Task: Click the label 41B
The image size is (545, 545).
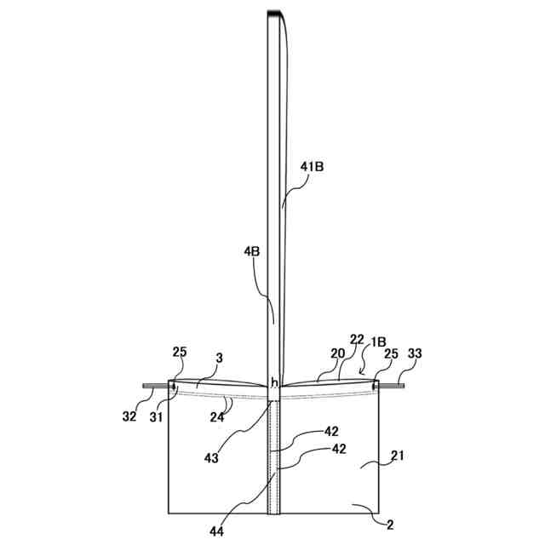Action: pos(312,168)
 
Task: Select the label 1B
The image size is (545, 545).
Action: pos(377,341)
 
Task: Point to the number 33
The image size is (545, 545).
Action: pos(415,353)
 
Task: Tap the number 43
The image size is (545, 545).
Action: pos(211,457)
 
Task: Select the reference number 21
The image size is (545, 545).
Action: pos(398,456)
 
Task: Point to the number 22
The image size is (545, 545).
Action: pos(357,340)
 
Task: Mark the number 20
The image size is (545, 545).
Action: pos(338,353)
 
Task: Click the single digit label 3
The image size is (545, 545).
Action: pos(219,359)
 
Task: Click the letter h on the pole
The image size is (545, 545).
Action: pos(274,383)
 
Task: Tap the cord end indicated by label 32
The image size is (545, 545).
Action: pos(146,386)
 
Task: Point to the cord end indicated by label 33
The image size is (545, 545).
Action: pos(401,386)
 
